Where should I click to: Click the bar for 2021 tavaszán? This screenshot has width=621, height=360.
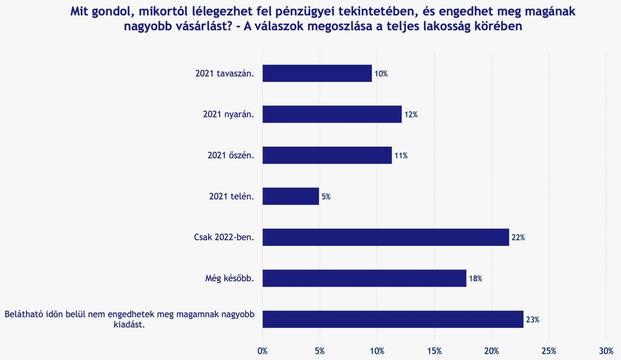[x=317, y=73]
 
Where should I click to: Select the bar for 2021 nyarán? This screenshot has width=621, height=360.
[x=332, y=114]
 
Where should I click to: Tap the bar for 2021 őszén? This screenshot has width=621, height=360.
[x=327, y=155]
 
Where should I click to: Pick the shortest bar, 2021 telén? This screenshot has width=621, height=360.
[x=290, y=196]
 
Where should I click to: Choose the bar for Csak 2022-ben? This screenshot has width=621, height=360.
[x=385, y=237]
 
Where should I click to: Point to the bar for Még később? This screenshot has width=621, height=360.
[x=364, y=278]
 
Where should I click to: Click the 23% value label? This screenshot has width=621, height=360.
[x=533, y=320]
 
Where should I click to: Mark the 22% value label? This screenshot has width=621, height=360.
[x=518, y=237]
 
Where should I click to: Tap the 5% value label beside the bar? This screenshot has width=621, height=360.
[x=326, y=197]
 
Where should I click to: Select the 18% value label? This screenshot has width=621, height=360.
[x=475, y=279]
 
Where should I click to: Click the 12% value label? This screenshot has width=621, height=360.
[x=411, y=114]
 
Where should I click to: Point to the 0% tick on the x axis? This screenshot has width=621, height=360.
[x=262, y=351]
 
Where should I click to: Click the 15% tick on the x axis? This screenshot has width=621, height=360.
[x=434, y=351]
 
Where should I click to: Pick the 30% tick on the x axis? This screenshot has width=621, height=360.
[x=606, y=351]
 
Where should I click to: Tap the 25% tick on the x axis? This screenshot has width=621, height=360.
[x=549, y=351]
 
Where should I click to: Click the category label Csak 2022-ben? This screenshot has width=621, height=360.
[x=224, y=237]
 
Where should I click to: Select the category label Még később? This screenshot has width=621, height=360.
[x=229, y=278]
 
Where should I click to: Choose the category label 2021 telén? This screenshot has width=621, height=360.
[x=231, y=196]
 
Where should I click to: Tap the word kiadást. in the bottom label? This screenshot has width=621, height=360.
[x=129, y=325]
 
